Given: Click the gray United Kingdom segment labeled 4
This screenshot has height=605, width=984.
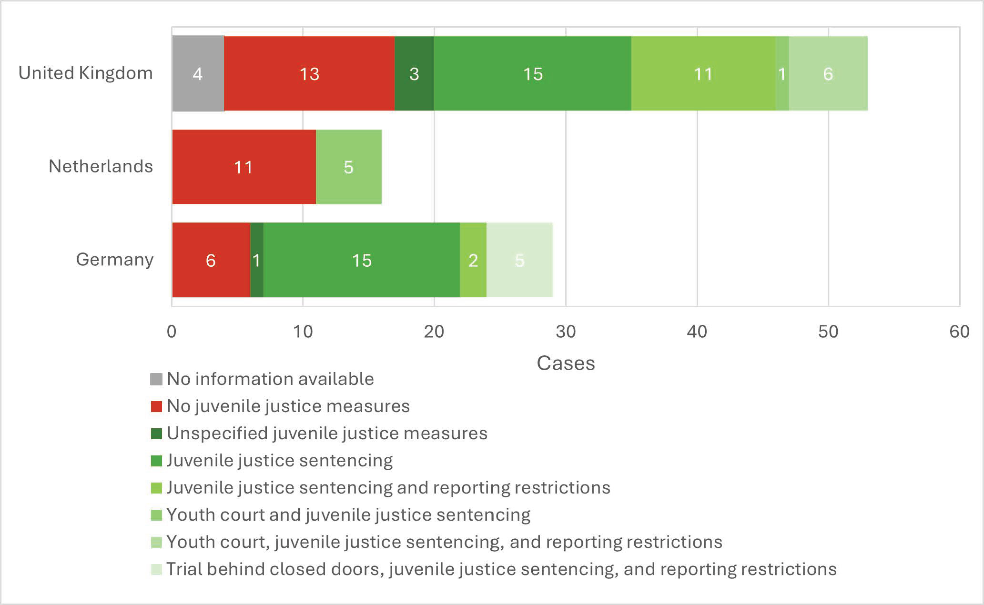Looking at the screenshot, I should pos(198,73).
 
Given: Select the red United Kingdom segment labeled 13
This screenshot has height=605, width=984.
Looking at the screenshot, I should pos(309,73).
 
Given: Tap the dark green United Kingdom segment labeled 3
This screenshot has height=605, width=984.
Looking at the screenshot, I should pos(414,73).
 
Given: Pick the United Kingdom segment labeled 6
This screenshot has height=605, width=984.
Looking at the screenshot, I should pos(828,73).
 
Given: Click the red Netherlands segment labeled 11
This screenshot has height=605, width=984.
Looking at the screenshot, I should pos(243,167).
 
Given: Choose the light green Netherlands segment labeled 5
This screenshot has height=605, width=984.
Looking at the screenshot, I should pos(349,167).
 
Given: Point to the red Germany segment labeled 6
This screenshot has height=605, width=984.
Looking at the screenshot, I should pos(211,260).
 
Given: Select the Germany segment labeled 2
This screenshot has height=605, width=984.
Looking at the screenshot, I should pos(473,260).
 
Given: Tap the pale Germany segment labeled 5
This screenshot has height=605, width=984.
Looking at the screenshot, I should pos(519,260).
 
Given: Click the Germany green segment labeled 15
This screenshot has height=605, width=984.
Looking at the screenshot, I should pos(362,260).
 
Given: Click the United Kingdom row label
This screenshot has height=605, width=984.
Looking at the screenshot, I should pos(86,73).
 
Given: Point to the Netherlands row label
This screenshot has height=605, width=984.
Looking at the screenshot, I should pos(101,166).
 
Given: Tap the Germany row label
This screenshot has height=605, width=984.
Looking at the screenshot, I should pos(115,260).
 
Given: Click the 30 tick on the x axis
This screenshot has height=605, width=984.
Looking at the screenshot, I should pos(566,332).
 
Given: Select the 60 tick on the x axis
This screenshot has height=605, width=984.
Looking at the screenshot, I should pos(959,332).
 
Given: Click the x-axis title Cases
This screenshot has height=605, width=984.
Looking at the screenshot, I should pos(566,363).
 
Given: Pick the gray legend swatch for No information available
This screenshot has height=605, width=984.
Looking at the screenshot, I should pos(156,379).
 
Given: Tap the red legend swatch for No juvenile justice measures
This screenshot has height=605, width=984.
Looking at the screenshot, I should pos(156,406).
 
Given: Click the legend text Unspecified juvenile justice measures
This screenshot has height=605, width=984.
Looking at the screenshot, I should pos(327,434).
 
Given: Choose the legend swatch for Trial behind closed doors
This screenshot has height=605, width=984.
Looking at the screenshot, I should pos(156,569).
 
